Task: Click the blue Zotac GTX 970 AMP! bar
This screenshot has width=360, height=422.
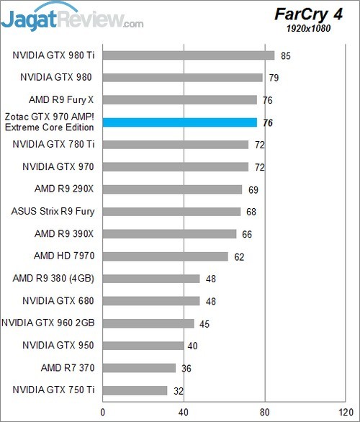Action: [180, 122]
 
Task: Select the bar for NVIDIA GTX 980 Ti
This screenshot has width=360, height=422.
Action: [189, 55]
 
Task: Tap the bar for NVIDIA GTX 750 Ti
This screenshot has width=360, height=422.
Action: [135, 390]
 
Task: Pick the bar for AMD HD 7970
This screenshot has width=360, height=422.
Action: [166, 256]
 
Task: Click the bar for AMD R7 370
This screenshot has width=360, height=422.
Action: [140, 368]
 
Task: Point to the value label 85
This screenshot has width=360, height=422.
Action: [286, 55]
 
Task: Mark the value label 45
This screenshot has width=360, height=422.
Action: [205, 323]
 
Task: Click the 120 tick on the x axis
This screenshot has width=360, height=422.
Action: [346, 412]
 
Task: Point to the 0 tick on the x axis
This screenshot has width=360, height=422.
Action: [104, 412]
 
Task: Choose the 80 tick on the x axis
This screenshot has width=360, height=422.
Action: [265, 412]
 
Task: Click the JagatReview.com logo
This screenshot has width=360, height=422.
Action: [72, 17]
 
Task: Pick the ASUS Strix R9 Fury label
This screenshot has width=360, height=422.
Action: [53, 212]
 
